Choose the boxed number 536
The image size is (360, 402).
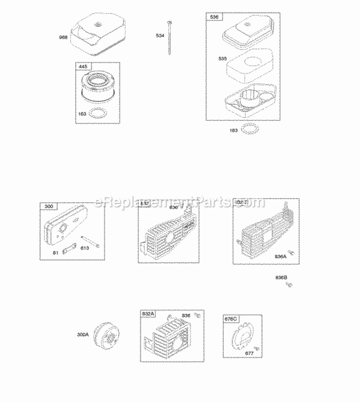[x=214, y=17]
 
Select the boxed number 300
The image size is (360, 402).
[x=48, y=206]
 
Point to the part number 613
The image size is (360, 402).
[x=85, y=248]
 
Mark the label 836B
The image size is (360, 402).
[x=281, y=278]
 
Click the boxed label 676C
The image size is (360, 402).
[x=231, y=319]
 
